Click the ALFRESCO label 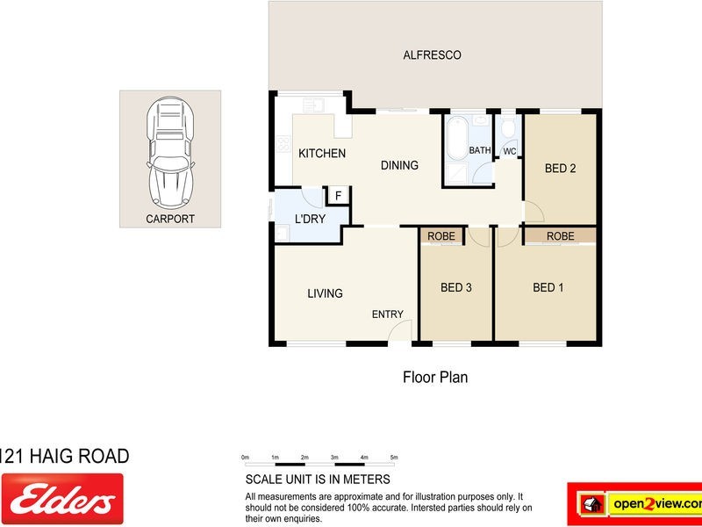click(x=432, y=55)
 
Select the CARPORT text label click(x=170, y=219)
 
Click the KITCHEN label click(x=322, y=154)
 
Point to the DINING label click(x=399, y=165)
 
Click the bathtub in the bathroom click(x=455, y=141)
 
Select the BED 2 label click(x=561, y=169)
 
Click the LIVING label click(x=325, y=293)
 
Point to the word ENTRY click(x=388, y=314)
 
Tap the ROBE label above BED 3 click(x=441, y=236)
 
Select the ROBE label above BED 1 click(x=560, y=236)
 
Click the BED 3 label click(x=456, y=287)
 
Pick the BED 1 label click(x=548, y=287)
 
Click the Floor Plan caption click(x=435, y=378)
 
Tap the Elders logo click(x=61, y=499)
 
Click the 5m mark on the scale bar click(x=394, y=458)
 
